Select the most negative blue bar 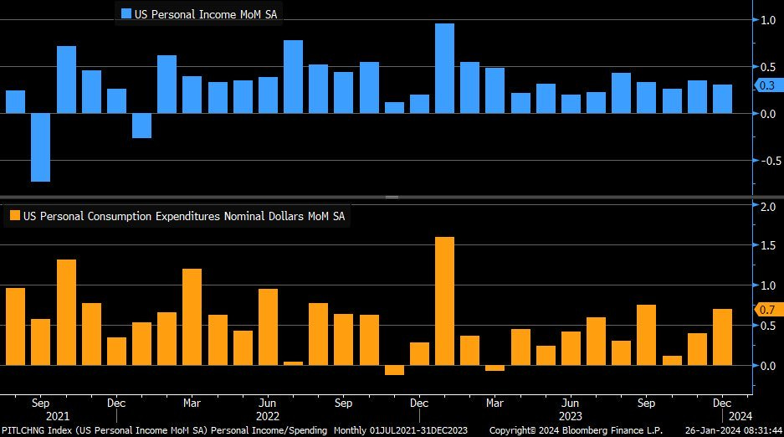40,147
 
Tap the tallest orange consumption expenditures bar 444,301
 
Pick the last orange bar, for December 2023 722,337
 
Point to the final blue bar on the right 722,99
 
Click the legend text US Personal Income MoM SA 206,13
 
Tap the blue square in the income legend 126,13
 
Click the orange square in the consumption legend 14,216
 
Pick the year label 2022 267,416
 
